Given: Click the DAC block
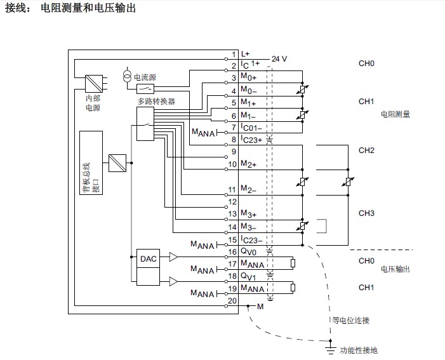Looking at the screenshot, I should [x=149, y=258].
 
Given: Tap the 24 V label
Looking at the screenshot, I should [x=279, y=59].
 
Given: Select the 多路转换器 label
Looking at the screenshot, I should [x=156, y=101].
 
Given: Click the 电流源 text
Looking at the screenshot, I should [x=145, y=77].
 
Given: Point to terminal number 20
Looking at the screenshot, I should [x=233, y=300].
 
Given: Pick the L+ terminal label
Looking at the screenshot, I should [x=246, y=55].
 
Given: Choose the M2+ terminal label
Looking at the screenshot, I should [x=249, y=164].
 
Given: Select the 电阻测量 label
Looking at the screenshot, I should [x=395, y=114].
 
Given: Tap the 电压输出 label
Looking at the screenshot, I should [x=395, y=269].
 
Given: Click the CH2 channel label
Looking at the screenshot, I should [x=367, y=150].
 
